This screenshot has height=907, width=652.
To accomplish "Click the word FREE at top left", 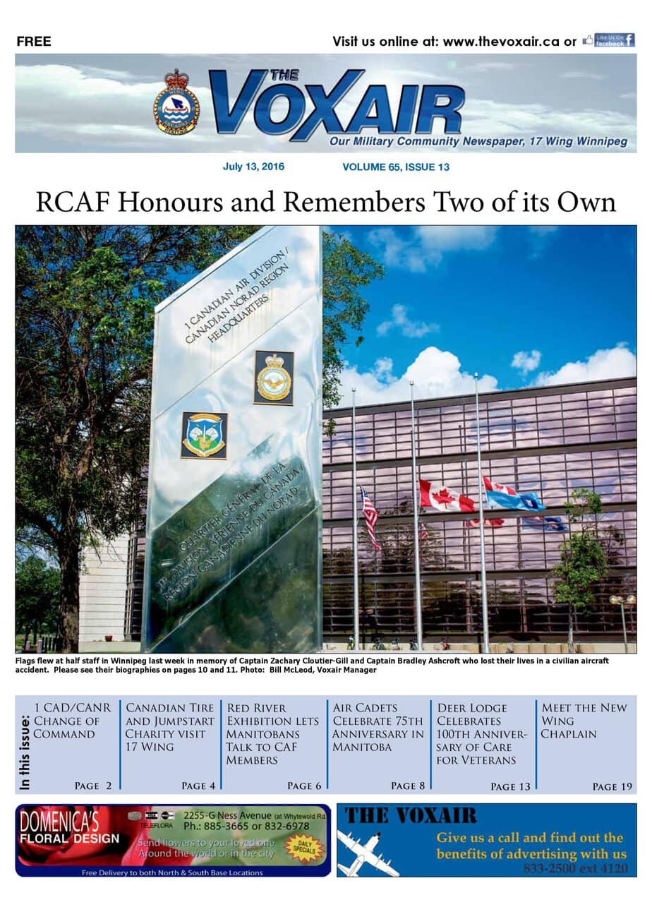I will click(34, 42).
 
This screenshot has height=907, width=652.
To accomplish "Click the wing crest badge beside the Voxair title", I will click(176, 102).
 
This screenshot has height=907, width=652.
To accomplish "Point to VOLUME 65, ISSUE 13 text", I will click(395, 167).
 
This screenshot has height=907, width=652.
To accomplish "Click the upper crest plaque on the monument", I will click(274, 377).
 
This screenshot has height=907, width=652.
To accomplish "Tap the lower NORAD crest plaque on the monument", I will click(204, 436).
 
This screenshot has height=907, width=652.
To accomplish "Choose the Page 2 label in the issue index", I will click(93, 786).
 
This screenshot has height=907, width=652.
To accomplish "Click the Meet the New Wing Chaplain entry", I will click(584, 721).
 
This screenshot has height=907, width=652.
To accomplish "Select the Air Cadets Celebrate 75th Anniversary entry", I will click(378, 727).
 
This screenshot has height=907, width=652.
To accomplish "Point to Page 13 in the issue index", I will click(509, 786).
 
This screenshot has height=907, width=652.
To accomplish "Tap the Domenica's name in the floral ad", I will click(59, 822).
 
